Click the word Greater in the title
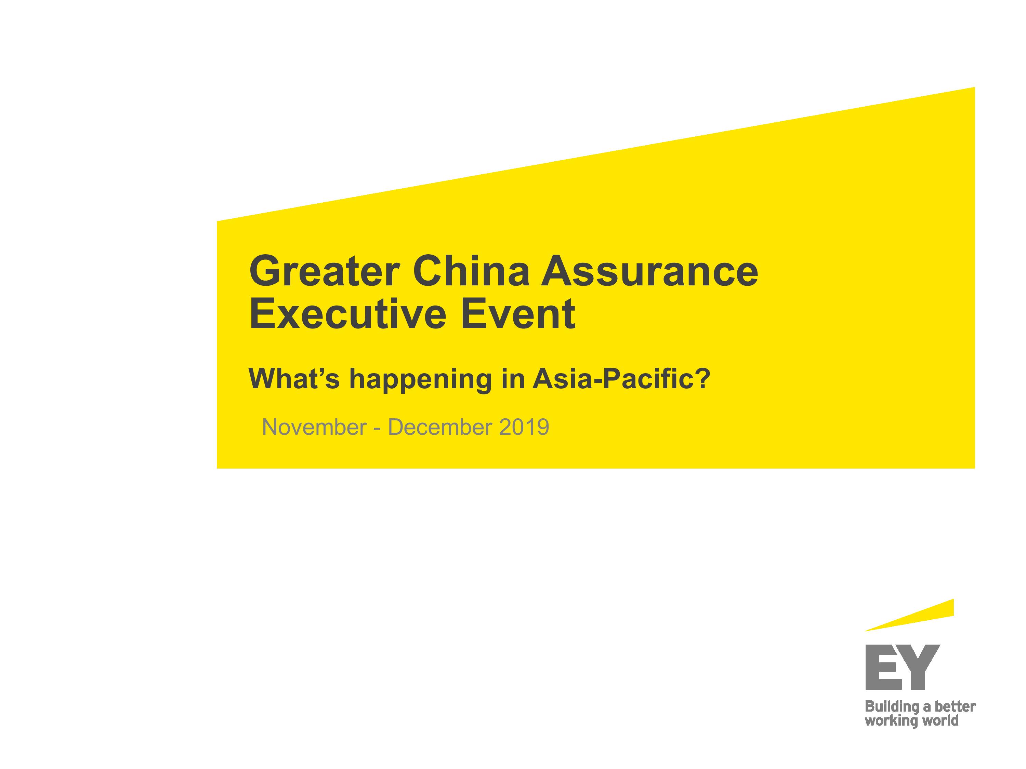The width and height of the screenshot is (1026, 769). [324, 271]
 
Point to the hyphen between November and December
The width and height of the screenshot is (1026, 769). [377, 429]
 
